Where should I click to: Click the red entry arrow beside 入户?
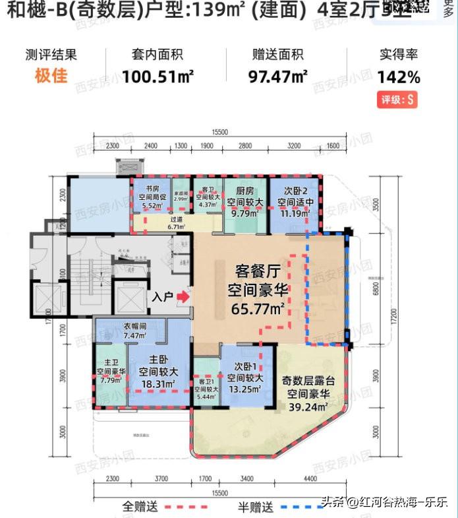pyautogui.click(x=184, y=298)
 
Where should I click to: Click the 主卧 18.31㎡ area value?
pyautogui.click(x=156, y=385)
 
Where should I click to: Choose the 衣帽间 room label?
pyautogui.click(x=134, y=325)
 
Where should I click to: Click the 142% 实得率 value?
pyautogui.click(x=399, y=77)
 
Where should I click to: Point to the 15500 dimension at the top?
pyautogui.click(x=220, y=133)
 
